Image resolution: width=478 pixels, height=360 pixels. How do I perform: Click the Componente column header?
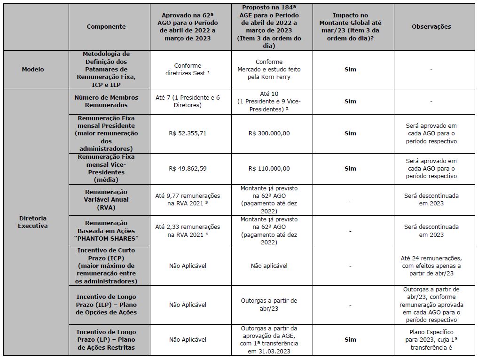(x=106, y=27)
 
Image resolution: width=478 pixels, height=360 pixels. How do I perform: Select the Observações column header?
(x=431, y=27)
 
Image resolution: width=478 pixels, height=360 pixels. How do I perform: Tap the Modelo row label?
(x=33, y=70)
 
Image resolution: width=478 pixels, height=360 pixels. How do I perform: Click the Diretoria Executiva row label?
(x=33, y=222)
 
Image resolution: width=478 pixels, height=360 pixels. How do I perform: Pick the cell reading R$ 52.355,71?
(x=188, y=133)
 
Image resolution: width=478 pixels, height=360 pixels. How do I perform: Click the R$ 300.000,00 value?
(x=269, y=133)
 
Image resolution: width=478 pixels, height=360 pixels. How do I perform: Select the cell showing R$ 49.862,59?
(x=188, y=169)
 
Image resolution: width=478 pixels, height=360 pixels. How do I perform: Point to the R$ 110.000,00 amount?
(x=269, y=169)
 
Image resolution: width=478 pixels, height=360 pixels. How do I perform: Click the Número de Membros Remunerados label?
(x=106, y=102)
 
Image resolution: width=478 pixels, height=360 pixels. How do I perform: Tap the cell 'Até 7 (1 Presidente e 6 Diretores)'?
(x=188, y=102)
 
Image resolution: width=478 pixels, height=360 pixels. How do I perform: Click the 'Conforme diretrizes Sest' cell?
(x=188, y=70)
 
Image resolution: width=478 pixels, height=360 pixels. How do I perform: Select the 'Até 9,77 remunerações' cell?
(x=188, y=200)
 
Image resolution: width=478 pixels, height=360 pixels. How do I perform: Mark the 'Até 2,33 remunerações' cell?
(x=188, y=231)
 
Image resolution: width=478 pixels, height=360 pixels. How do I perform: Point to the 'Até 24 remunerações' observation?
(x=431, y=266)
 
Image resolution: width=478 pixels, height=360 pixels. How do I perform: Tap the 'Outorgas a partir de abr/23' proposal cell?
(x=269, y=305)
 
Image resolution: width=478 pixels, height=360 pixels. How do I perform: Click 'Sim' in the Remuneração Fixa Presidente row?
(x=350, y=133)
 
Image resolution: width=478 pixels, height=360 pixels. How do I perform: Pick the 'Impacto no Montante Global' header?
(x=350, y=27)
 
